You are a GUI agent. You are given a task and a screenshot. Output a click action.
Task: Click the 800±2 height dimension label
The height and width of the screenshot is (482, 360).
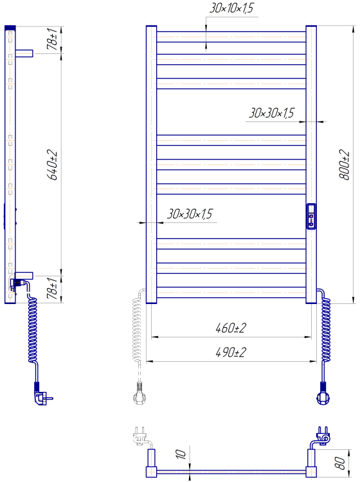345,165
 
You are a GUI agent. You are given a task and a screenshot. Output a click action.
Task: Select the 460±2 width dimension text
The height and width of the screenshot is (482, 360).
231,328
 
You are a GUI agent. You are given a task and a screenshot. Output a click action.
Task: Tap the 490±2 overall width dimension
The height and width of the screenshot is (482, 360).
231,352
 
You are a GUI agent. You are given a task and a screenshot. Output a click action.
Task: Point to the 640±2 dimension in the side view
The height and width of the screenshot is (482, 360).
52,165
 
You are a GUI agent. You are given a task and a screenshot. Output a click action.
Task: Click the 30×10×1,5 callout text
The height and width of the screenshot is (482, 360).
231,8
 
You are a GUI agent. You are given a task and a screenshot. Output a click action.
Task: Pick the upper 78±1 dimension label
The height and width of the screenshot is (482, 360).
52,39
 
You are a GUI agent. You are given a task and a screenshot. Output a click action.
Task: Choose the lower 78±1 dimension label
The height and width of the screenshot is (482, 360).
52,288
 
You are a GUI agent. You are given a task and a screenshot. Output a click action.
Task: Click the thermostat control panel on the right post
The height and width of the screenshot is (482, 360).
311,216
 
